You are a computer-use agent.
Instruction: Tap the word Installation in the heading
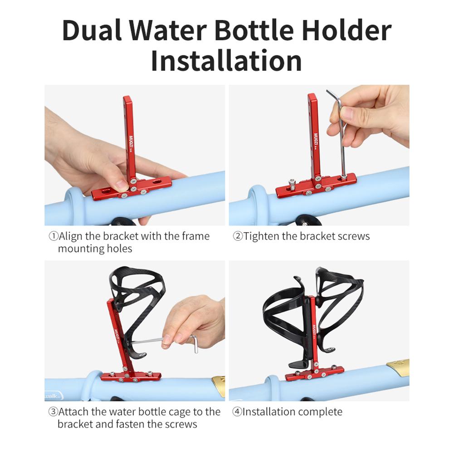pos(226,61)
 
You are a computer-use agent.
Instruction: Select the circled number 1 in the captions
pos(53,236)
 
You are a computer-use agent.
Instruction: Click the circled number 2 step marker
pos(238,236)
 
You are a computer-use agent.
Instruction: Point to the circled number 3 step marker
pos(53,412)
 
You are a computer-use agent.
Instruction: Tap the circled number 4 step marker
pos(238,412)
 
